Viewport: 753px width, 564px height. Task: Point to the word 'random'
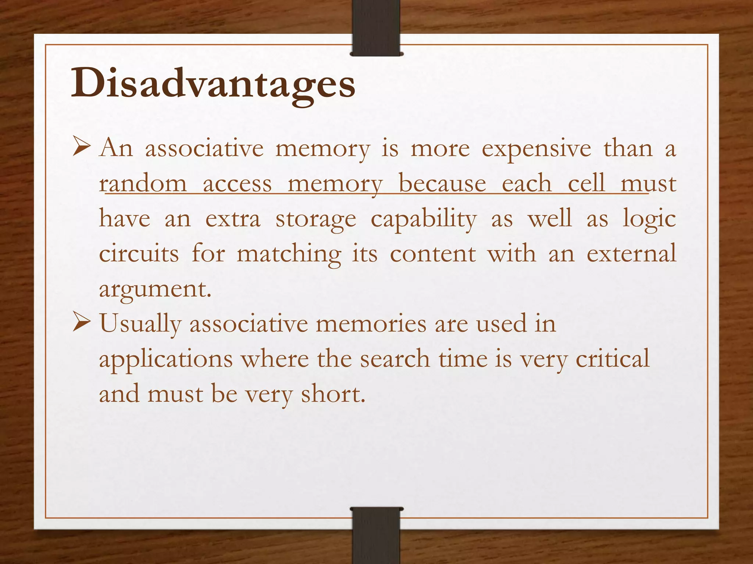143,184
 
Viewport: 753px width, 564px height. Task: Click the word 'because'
442,184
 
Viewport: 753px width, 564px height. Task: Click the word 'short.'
333,394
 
